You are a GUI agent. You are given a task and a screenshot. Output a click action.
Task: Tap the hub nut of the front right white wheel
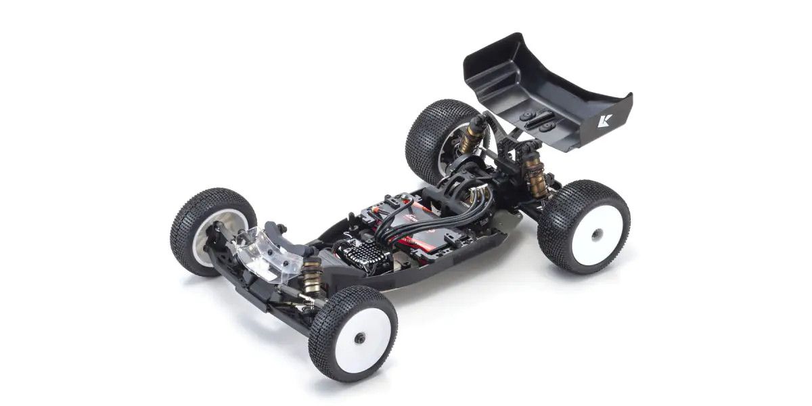tap(359, 337)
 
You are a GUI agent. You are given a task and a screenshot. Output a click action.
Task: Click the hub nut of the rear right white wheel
tap(596, 234)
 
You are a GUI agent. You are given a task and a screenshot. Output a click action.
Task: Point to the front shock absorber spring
tap(312, 275)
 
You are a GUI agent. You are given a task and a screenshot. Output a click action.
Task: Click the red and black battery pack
tap(433, 230)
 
